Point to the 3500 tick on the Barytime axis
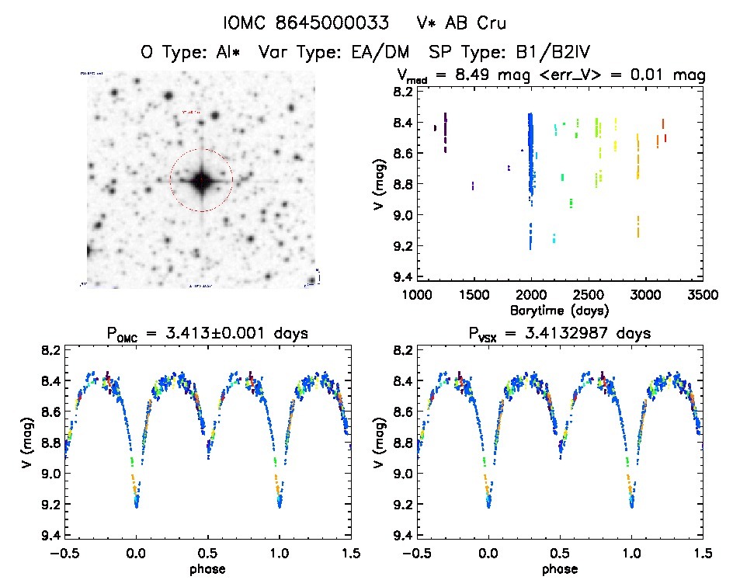pos(703,296)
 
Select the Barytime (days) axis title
pos(558,311)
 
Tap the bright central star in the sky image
pos(201,180)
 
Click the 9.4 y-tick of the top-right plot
pos(401,277)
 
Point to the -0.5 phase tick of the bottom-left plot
pos(62,554)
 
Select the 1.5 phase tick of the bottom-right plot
pos(702,554)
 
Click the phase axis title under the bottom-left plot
pos(207,569)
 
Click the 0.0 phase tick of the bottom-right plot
pos(488,554)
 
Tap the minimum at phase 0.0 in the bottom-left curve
pos(137,505)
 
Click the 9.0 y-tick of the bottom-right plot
pos(401,474)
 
